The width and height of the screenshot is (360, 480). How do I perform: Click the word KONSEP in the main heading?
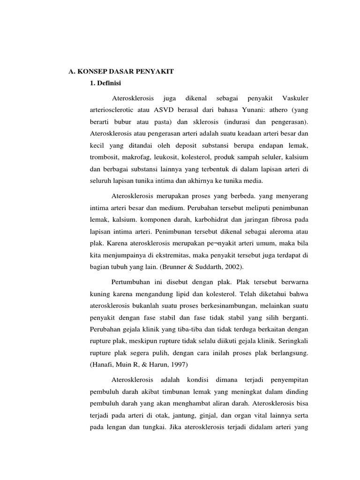(x=94, y=71)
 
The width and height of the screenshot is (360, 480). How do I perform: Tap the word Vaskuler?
(x=296, y=98)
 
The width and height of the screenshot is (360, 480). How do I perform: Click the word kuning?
(x=99, y=294)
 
